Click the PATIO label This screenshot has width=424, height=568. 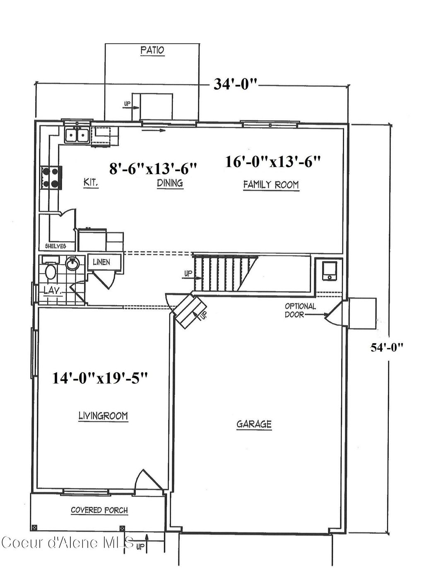(152, 51)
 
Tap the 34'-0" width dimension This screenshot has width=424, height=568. (236, 84)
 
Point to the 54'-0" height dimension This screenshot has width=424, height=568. (387, 347)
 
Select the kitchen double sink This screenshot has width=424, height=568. (77, 136)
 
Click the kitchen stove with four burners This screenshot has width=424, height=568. (51, 177)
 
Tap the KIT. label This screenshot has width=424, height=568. (91, 182)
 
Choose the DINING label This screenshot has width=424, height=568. (170, 183)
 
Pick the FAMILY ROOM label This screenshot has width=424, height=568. (271, 185)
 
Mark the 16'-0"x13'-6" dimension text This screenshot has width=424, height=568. (273, 161)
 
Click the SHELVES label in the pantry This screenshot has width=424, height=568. (55, 246)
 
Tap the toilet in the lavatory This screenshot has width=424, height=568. (51, 272)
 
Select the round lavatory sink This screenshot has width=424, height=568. (72, 264)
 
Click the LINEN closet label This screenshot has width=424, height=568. (101, 262)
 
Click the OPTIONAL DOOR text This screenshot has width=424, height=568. (300, 310)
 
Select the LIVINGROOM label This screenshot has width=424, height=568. (103, 415)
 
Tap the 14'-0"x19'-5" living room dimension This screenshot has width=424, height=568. (100, 378)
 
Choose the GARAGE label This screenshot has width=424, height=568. (254, 424)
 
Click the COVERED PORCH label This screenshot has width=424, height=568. (99, 510)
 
